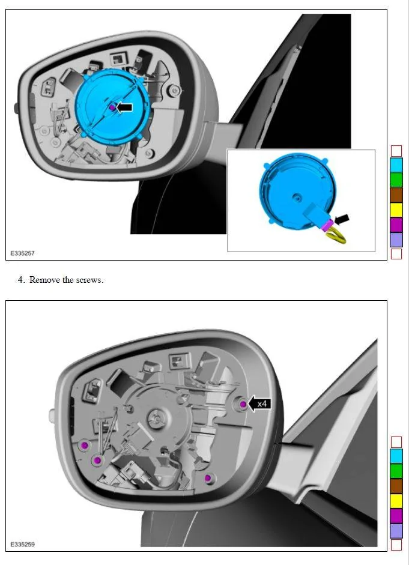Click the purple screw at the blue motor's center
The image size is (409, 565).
click(x=112, y=107)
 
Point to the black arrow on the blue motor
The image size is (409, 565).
click(x=125, y=107)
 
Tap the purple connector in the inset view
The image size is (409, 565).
click(x=327, y=225)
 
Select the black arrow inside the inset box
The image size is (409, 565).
click(x=342, y=219)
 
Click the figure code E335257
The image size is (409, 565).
click(x=22, y=253)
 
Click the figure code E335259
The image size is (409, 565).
click(x=22, y=544)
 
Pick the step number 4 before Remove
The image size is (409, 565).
click(x=20, y=280)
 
